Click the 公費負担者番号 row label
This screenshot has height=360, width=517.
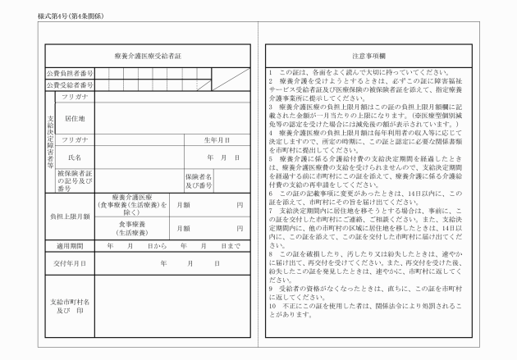(x=70, y=74)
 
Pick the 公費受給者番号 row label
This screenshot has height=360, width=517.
(x=70, y=84)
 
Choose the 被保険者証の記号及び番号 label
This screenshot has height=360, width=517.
(x=73, y=181)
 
